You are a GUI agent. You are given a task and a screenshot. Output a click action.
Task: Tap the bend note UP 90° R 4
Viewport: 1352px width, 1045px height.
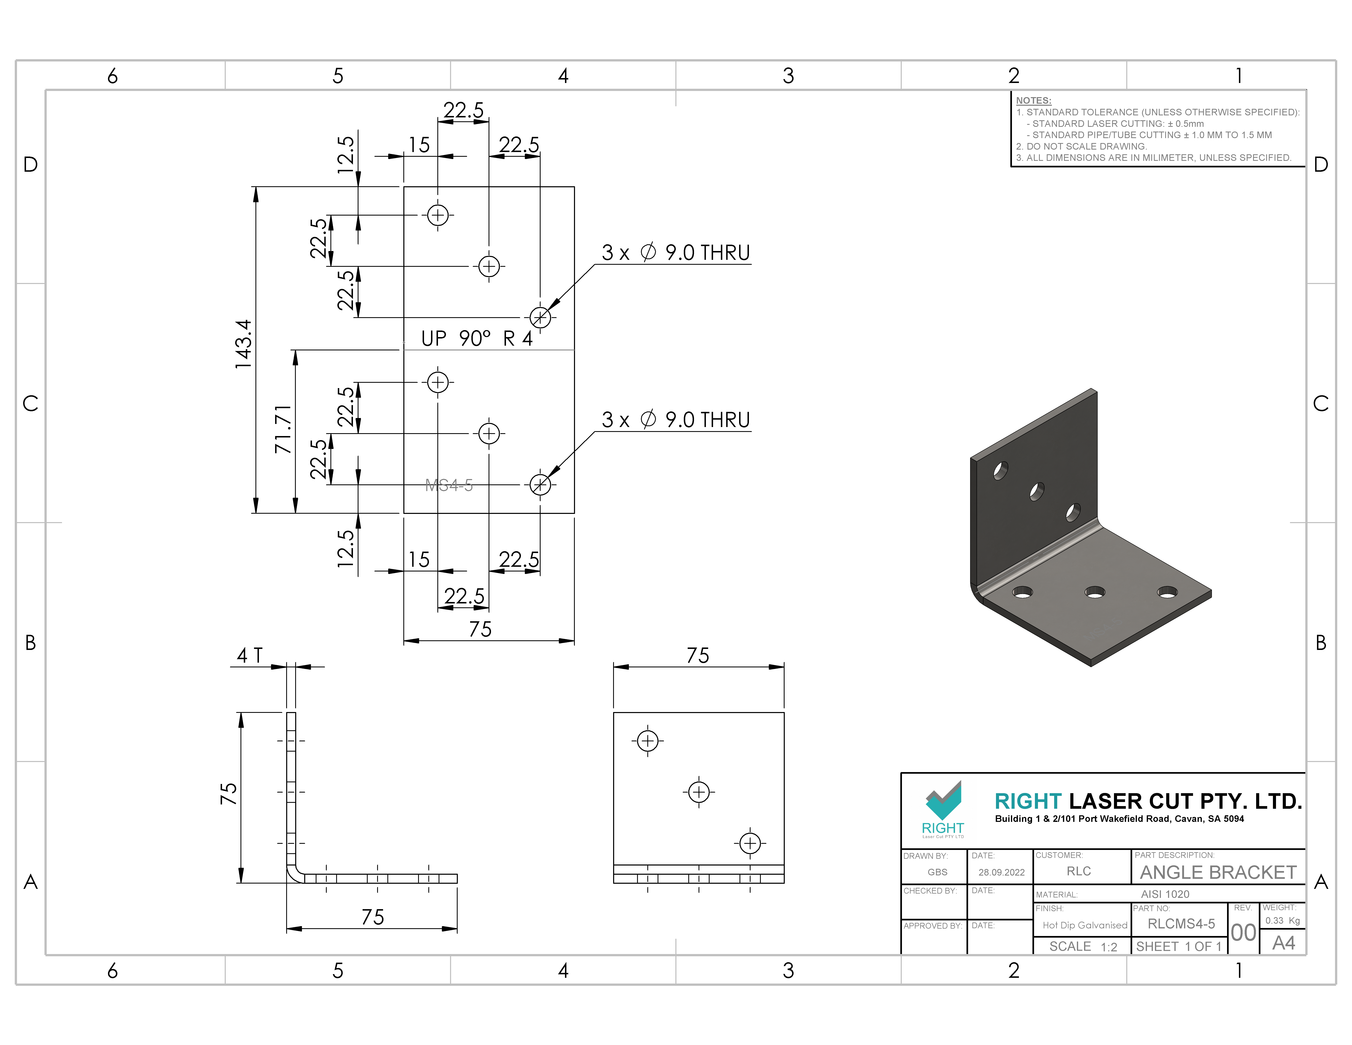pos(477,339)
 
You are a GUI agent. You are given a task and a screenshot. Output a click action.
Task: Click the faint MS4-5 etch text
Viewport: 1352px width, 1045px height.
pos(449,485)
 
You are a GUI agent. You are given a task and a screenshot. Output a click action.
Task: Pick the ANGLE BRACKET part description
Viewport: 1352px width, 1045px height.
pos(1218,872)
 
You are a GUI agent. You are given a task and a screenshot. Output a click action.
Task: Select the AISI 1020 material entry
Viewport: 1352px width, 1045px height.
pos(1165,894)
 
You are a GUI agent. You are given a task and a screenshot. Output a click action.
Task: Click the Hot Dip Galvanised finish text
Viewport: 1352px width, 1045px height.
pos(1085,925)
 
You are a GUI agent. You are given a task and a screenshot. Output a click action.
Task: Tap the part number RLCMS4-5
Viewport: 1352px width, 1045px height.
pos(1181,924)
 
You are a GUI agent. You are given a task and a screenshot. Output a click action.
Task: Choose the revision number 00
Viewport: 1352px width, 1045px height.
pos(1243,932)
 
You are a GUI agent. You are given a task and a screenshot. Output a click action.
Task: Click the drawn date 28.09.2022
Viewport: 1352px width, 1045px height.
pos(1001,872)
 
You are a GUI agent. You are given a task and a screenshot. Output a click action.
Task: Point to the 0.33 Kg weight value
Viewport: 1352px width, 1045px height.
pos(1282,921)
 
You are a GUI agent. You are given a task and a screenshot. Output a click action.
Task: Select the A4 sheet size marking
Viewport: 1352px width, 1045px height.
pos(1283,943)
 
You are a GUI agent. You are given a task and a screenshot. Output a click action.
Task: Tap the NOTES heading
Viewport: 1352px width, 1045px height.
pos(1033,100)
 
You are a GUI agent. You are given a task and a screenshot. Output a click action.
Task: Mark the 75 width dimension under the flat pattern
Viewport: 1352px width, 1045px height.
pos(480,629)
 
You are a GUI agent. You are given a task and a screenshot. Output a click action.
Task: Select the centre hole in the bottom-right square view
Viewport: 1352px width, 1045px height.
pos(699,792)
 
